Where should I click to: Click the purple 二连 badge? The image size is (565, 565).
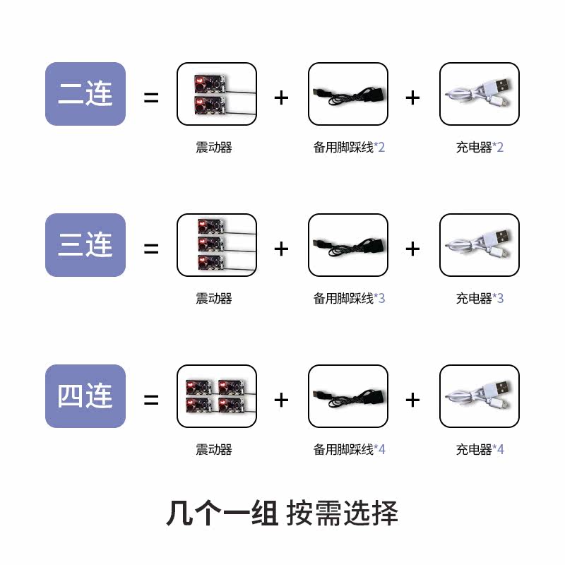pos(85,94)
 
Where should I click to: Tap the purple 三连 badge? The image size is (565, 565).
pos(85,245)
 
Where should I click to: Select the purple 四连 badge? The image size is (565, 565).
pos(85,396)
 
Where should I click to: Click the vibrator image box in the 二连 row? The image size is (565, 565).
pos(216,94)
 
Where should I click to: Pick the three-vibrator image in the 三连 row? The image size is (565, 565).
pos(216,245)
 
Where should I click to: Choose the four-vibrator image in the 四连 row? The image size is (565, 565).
pos(216,396)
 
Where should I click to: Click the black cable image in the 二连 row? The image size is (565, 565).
pos(348,94)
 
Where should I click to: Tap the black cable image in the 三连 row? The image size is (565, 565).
pos(348,245)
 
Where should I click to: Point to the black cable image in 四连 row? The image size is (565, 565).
pos(348,396)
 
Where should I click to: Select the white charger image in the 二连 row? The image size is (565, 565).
pos(480,94)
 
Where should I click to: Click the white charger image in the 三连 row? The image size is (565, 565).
pos(480,245)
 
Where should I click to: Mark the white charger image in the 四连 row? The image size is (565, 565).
pos(480,396)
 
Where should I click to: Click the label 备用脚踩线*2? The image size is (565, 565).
pos(349,148)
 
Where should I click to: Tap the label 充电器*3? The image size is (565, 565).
pos(480,299)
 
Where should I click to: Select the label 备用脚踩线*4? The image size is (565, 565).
pos(349,450)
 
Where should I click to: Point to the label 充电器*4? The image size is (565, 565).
pos(480,450)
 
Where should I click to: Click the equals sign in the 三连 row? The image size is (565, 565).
pos(151,249)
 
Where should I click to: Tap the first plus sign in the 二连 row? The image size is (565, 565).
pos(282,97)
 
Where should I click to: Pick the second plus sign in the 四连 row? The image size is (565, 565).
pos(413,400)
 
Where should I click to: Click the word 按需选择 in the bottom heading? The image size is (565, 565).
pos(343,513)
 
